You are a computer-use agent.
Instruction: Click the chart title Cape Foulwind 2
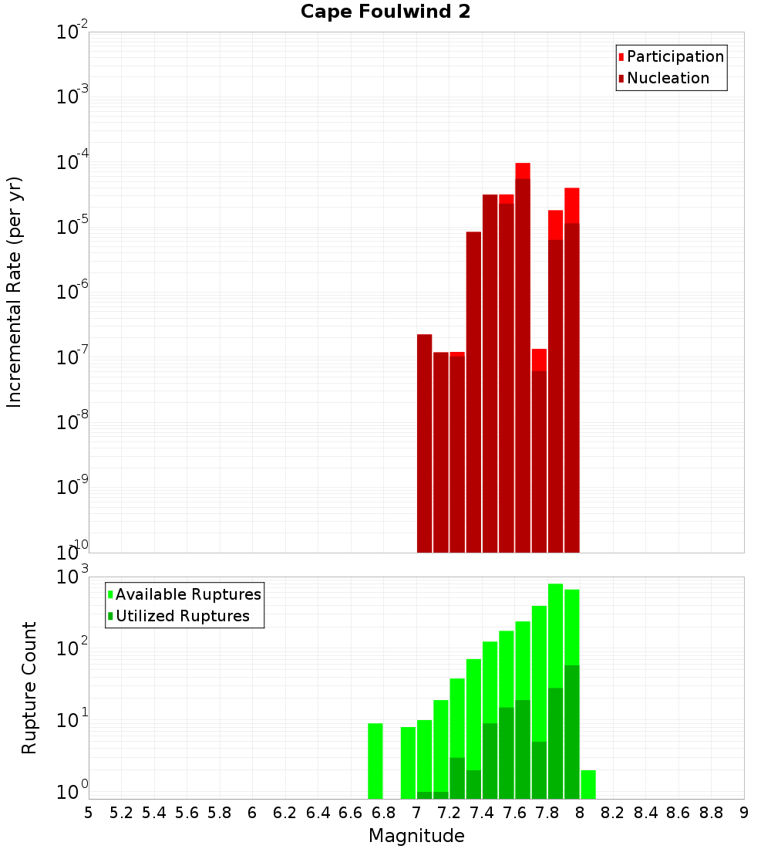385,12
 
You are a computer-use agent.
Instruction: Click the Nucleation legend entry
668,78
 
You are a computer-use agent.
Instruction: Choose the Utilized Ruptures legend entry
182,616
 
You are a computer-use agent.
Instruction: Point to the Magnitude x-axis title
416,836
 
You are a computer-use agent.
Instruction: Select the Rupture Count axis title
29,688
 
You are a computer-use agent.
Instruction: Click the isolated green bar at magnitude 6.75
375,761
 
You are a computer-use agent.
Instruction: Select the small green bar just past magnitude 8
588,784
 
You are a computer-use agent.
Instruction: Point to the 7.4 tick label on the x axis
482,813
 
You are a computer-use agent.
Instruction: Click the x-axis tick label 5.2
121,813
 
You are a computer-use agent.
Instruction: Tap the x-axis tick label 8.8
711,813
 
